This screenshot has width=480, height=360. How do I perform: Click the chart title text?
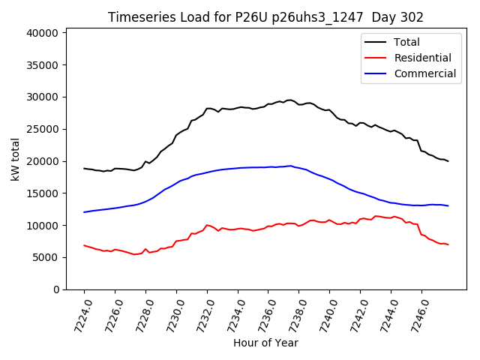[x=265, y=17]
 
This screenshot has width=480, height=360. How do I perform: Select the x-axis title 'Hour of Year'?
[x=265, y=343]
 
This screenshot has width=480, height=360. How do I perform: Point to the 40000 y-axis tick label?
[x=43, y=33]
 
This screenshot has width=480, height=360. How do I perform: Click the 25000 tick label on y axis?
[x=43, y=129]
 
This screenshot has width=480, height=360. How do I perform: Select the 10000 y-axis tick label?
[x=43, y=225]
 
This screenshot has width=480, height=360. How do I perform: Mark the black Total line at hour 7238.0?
[x=299, y=104]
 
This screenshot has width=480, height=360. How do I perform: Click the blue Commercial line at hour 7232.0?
[x=207, y=172]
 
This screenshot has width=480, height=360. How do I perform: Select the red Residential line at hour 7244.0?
[x=391, y=217]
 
